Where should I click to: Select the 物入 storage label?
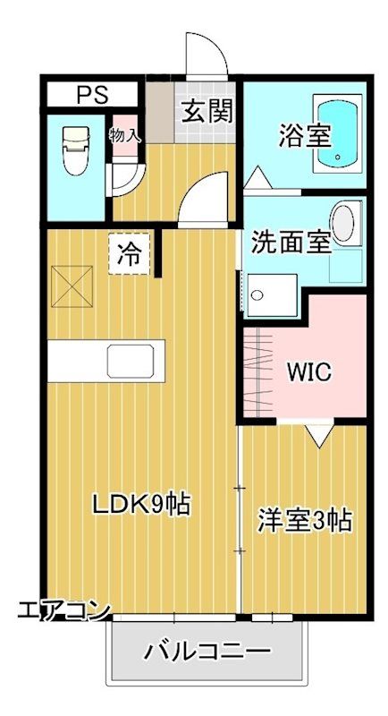(125, 135)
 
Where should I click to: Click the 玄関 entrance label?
(208, 111)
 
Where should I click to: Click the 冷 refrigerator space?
(130, 253)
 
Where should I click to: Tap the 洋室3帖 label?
(304, 519)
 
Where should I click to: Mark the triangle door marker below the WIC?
(318, 436)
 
